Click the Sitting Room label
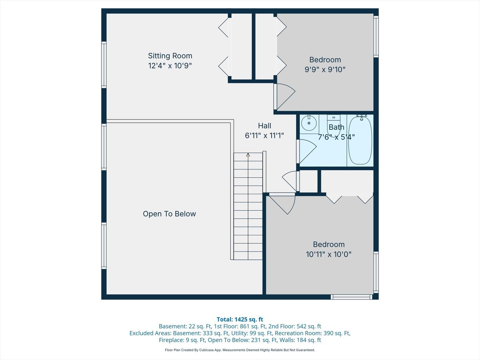point(170,56)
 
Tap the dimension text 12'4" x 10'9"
point(170,66)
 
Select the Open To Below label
point(169,214)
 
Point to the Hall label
point(264,126)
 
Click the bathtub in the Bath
point(360,140)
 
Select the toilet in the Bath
point(333,125)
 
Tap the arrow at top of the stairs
point(248,155)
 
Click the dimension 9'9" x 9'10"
point(325,70)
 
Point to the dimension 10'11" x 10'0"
point(329,254)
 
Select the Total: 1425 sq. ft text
point(240,319)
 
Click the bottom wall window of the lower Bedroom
point(351,297)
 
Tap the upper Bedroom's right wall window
point(376,37)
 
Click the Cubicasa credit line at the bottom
point(240,350)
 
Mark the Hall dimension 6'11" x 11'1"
point(264,136)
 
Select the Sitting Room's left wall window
point(104,65)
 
